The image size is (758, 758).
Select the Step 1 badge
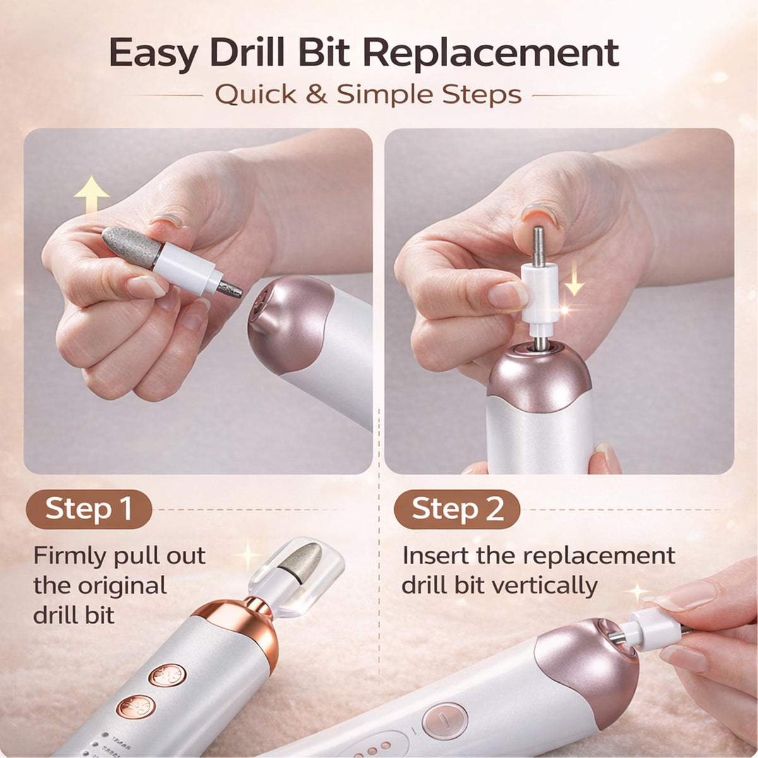pos(88,509)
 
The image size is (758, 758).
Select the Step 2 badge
pos(457,509)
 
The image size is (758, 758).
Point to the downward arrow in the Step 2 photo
pos(574,277)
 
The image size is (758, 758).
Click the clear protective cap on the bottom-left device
pos(296,574)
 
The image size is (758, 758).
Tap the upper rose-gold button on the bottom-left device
pos(167,675)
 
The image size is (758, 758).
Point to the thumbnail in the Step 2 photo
pos(540,217)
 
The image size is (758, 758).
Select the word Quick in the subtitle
pos(256,95)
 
